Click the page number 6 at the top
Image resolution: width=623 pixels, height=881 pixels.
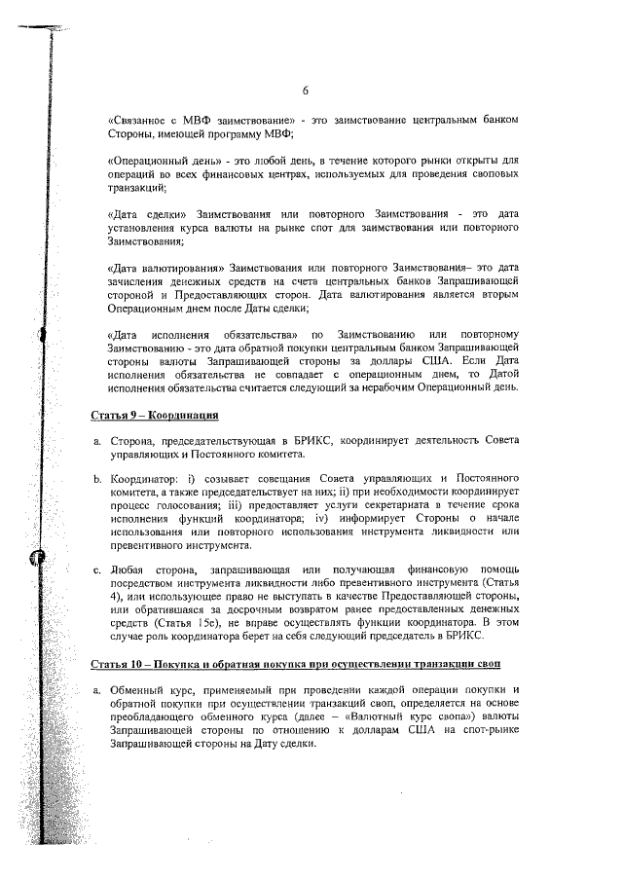(305, 91)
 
